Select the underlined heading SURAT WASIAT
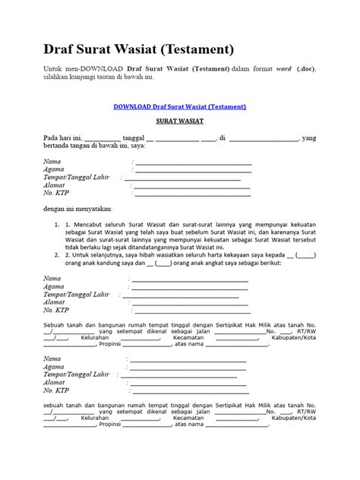point(180,121)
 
